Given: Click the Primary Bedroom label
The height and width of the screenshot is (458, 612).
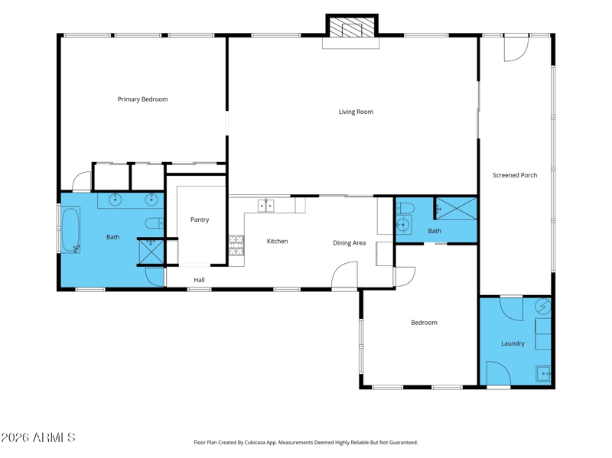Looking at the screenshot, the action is coord(142,99).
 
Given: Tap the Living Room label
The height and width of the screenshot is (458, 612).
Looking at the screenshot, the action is coord(356,112).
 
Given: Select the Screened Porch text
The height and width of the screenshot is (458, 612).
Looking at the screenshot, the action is coord(514,175).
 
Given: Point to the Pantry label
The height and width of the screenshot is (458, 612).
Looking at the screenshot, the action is coord(200,219).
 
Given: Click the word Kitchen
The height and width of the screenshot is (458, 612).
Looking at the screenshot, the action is coord(277,241).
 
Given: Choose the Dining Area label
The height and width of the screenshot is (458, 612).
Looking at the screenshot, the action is coord(349,242).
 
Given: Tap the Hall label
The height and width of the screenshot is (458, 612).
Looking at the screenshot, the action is coord(199,280).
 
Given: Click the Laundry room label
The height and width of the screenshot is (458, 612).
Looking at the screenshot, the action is coord(513,343).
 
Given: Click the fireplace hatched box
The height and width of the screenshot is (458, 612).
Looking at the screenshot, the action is coord(352,27).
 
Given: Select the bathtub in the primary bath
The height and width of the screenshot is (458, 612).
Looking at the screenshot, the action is coord(70,231).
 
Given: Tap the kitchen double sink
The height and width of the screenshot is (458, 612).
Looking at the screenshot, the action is coord(265,206).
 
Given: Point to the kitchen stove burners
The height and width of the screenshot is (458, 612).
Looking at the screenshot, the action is coord(236,245).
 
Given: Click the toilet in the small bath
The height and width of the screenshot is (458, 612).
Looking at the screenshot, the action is coord(405,208).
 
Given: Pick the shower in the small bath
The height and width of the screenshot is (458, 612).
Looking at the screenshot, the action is coord(456,209).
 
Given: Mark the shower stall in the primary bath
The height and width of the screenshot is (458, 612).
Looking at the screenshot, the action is coord(151,252).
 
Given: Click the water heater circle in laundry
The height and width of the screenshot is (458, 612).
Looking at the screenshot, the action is coord(542,307).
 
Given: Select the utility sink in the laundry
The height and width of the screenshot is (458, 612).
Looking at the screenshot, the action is coord(543,374).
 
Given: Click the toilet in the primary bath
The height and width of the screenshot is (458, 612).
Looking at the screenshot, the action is coord(155,223).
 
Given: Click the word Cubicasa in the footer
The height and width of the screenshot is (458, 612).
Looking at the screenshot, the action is coord(255,443).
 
